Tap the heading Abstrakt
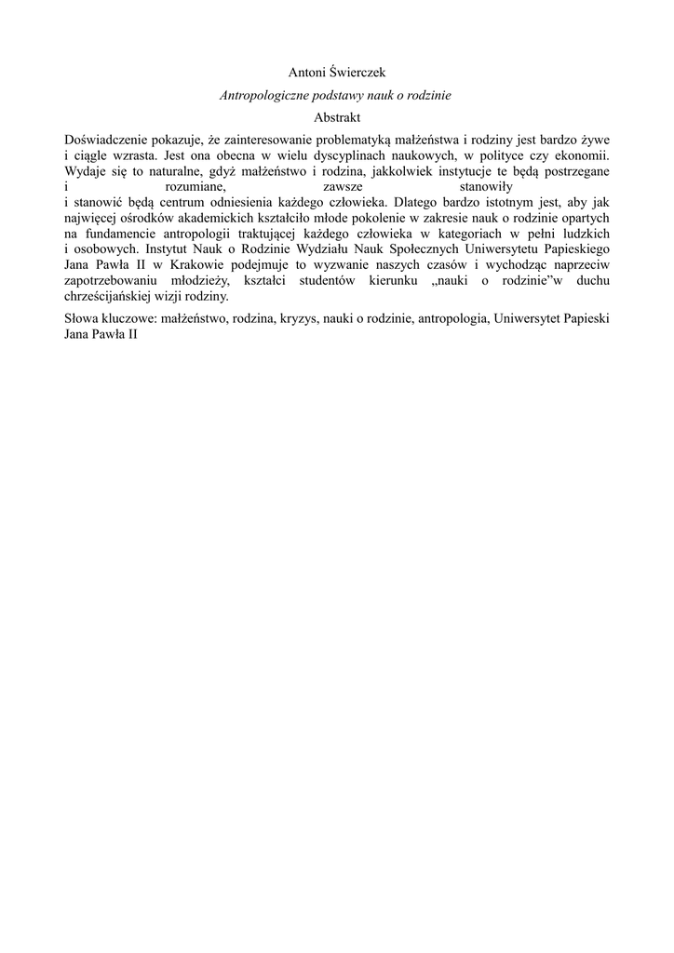(x=337, y=118)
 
